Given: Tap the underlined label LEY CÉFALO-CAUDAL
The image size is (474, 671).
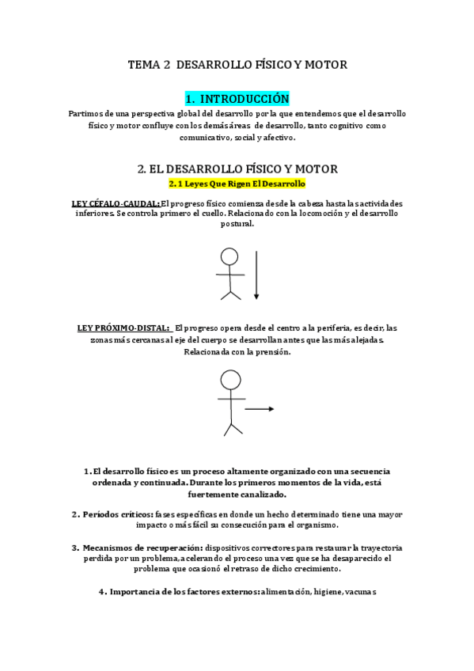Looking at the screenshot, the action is (x=115, y=203).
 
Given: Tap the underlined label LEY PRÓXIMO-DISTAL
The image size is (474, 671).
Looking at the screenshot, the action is (x=124, y=328).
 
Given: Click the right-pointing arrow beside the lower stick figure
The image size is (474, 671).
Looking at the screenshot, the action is (x=259, y=409).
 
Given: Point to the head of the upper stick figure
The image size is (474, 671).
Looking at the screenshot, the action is (x=229, y=256).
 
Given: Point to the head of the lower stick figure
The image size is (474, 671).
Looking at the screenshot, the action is (x=230, y=381).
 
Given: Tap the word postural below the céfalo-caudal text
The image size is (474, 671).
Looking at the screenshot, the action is (x=237, y=224).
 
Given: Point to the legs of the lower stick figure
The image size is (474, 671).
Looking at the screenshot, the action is (x=231, y=428).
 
